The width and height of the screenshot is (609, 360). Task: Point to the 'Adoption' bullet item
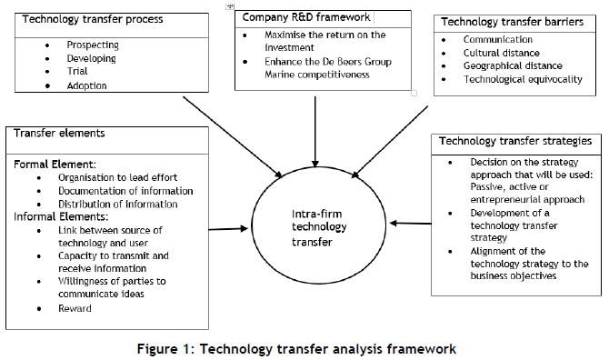point(87,85)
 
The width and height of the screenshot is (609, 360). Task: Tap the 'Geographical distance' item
point(513,66)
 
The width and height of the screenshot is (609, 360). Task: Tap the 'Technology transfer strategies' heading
point(514,141)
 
